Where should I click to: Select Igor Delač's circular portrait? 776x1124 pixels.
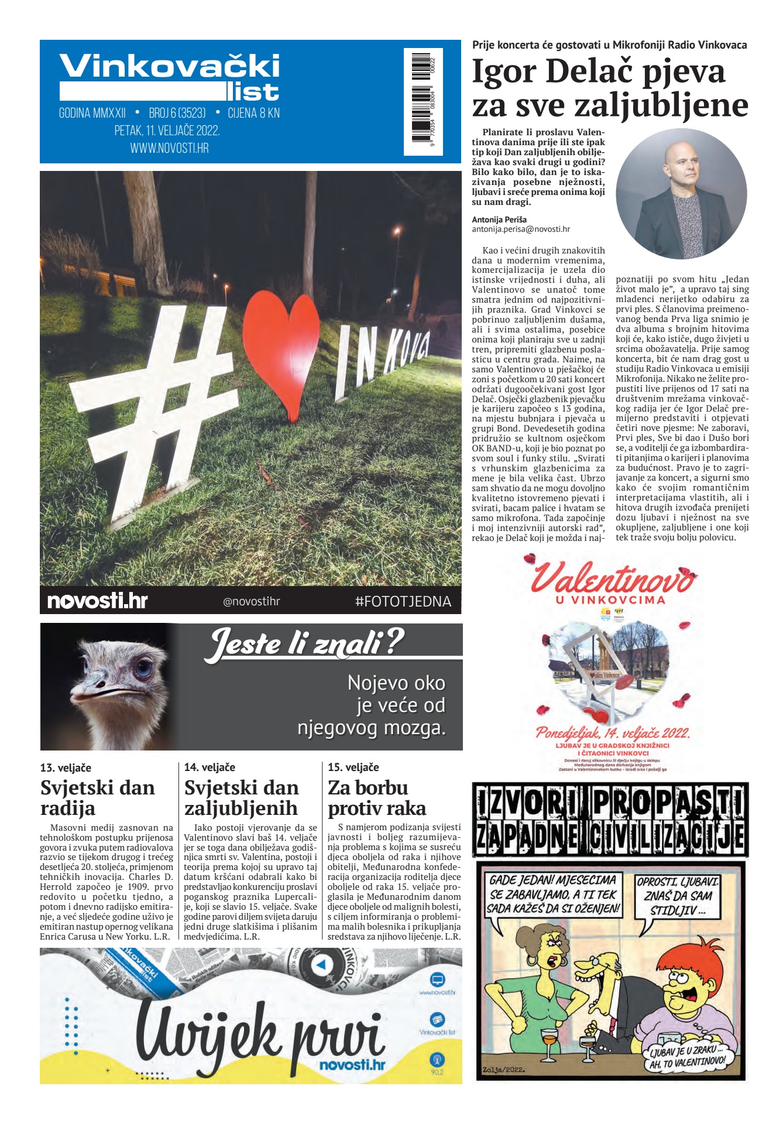click(681, 194)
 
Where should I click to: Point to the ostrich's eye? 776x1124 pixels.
click(142, 668)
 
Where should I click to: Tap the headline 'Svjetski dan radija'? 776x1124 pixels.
click(98, 797)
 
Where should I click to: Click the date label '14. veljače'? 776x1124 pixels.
click(210, 767)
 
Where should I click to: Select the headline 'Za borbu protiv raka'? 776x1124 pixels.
click(376, 797)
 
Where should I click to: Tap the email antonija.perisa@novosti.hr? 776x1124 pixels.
click(520, 229)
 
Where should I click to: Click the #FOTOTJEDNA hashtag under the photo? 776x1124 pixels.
click(403, 601)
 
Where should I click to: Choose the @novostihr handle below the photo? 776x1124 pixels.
click(251, 601)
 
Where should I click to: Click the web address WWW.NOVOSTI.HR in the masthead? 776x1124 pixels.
click(169, 148)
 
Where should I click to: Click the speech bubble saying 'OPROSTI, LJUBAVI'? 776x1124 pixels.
click(678, 896)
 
